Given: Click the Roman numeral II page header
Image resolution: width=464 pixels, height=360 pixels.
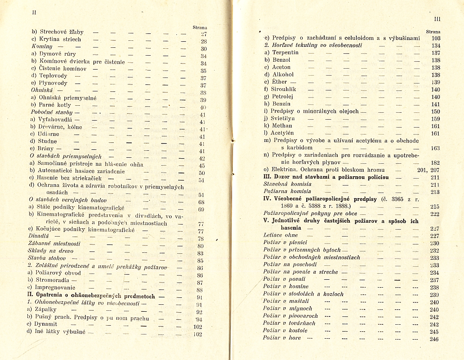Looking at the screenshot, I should (33, 13).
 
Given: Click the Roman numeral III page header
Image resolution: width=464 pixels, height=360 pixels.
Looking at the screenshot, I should (437, 19).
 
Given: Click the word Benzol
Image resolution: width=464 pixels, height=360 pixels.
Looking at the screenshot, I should (281, 60).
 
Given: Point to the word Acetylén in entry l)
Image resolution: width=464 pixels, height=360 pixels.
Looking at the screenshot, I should (284, 133).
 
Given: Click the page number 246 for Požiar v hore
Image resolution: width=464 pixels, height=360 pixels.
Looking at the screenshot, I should (434, 339).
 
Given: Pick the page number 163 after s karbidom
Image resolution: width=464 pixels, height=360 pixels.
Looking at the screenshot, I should (434, 148).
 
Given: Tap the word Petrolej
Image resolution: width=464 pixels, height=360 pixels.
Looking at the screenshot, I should (285, 97).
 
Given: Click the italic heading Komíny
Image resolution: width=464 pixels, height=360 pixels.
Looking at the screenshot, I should (41, 47).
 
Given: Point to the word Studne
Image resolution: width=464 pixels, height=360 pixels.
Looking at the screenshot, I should (47, 141).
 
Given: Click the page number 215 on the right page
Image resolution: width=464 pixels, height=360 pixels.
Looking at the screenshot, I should (434, 206).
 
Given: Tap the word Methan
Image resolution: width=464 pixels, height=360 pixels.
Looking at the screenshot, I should (282, 126).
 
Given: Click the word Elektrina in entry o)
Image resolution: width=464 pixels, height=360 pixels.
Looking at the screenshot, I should (285, 170).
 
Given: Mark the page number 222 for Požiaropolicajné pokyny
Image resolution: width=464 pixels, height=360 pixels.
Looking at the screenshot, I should (434, 214).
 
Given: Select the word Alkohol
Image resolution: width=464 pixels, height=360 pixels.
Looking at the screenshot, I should (283, 75).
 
